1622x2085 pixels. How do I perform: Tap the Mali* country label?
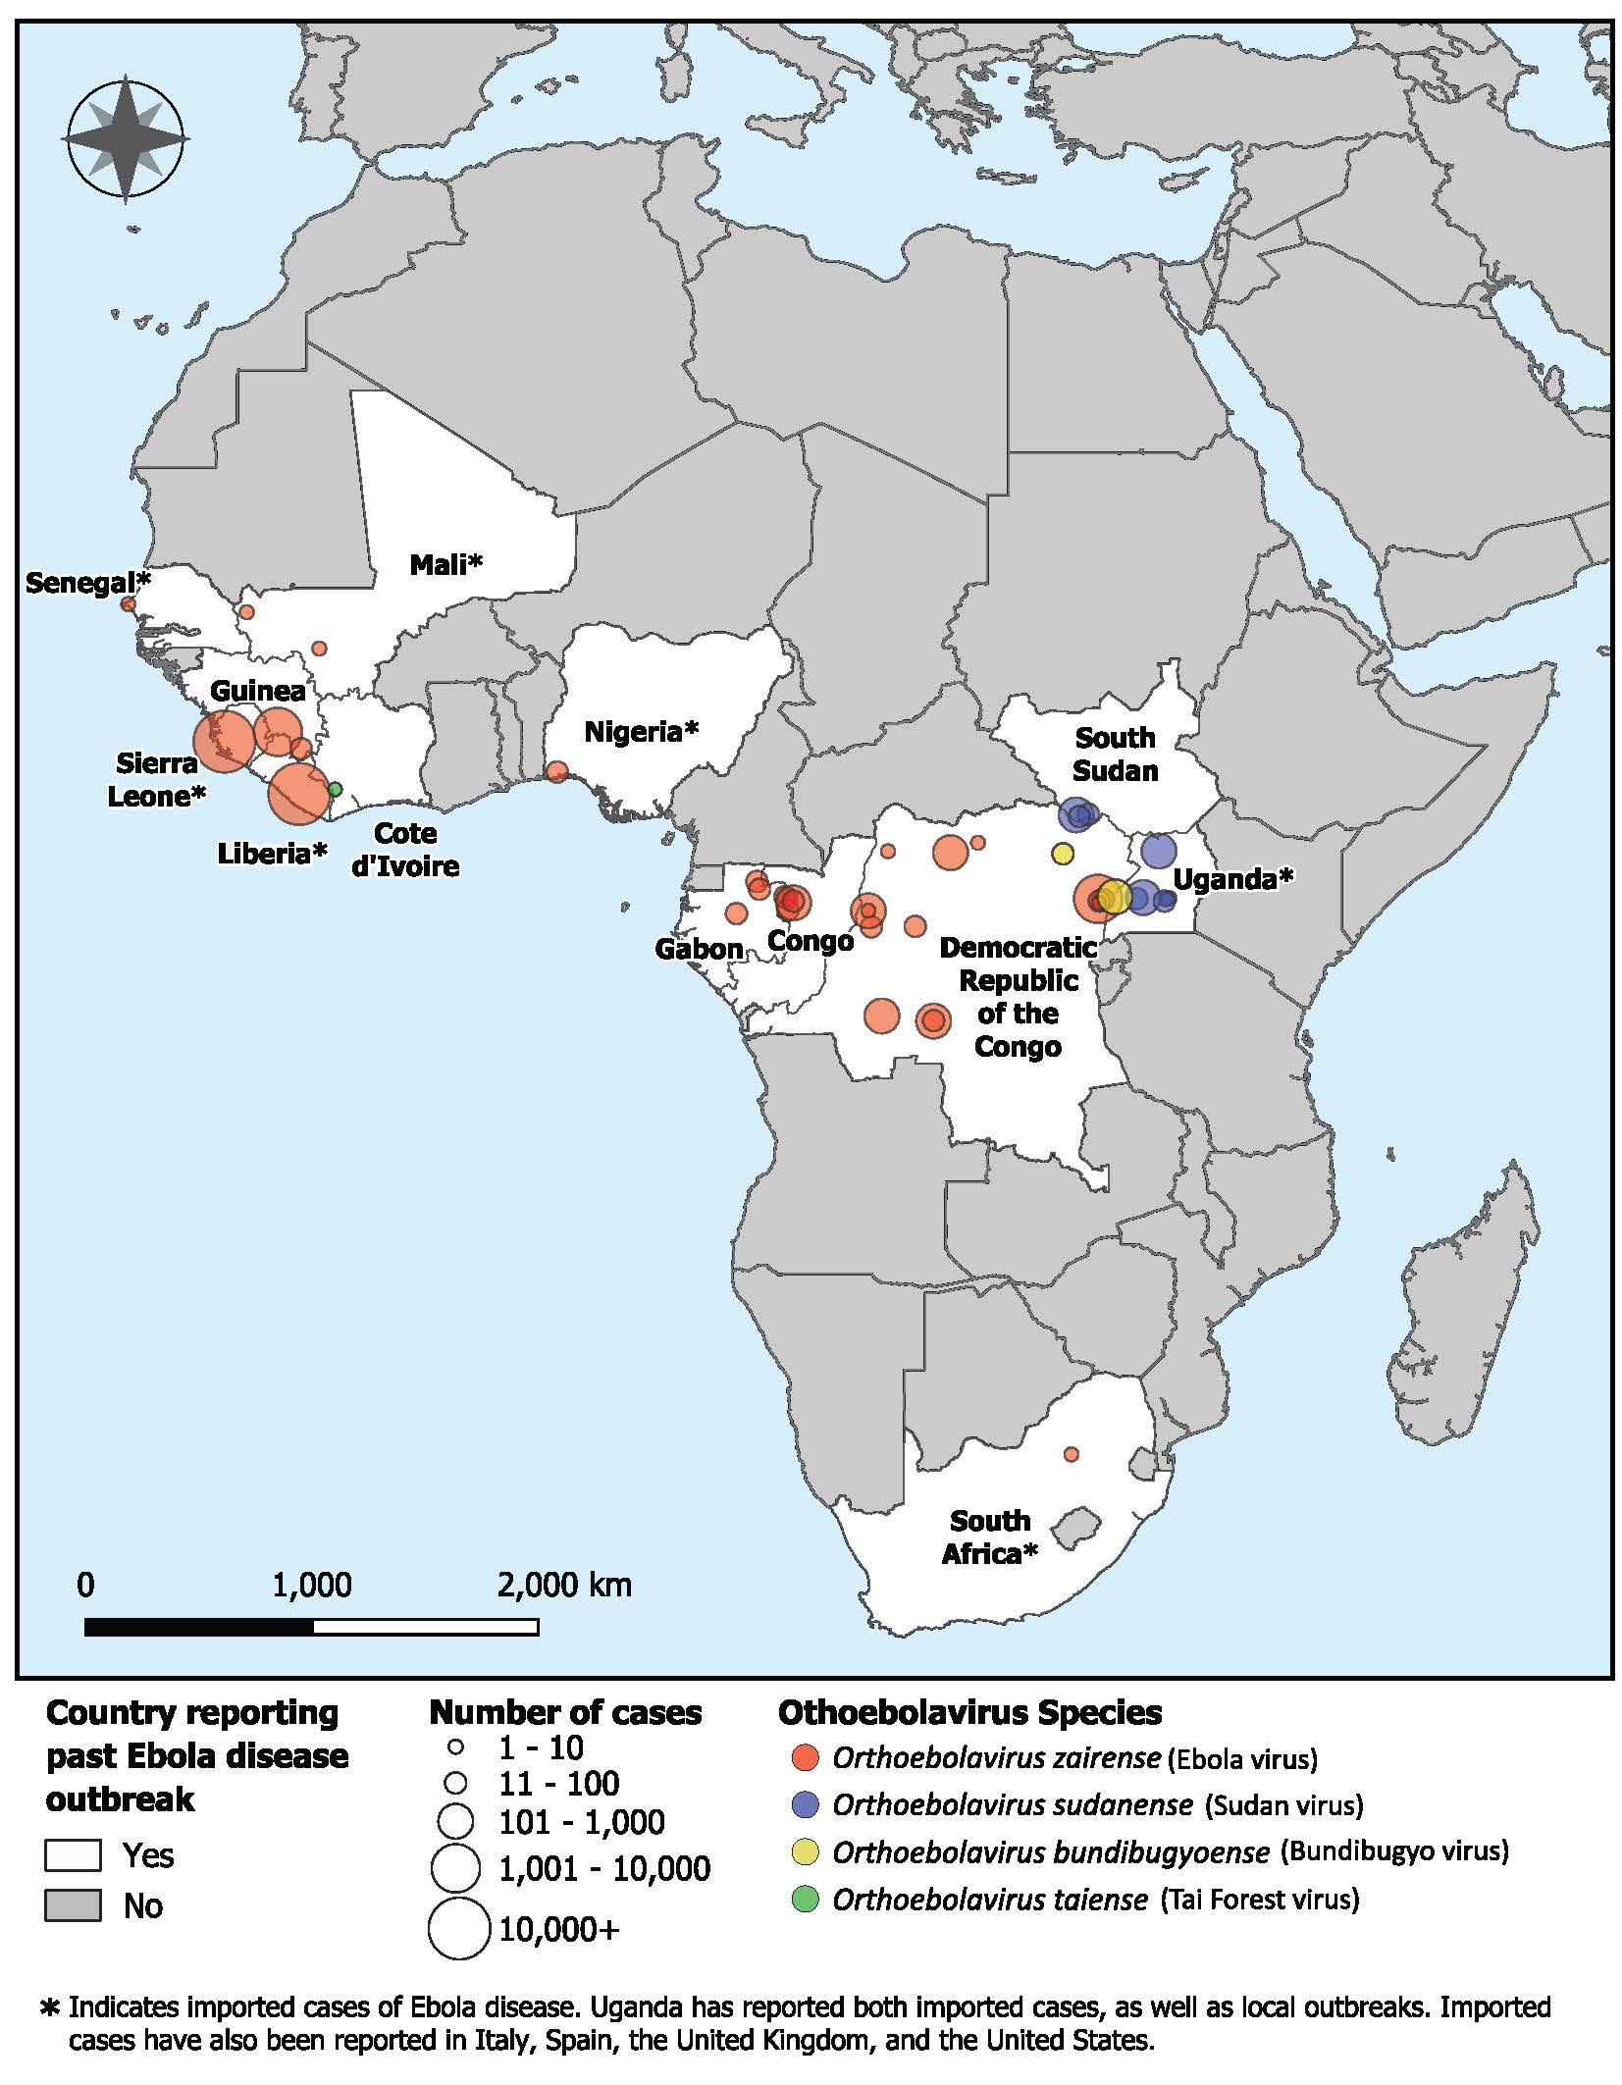[446, 564]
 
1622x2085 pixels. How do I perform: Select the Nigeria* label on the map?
[642, 732]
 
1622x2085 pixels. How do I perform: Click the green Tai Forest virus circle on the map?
[334, 789]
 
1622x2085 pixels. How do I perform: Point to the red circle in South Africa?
[1071, 1453]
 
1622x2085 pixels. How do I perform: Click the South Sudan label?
[1115, 754]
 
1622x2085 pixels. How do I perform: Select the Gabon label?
[699, 949]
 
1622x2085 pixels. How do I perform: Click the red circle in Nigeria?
[556, 771]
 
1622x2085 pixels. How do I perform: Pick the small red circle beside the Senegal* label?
[128, 603]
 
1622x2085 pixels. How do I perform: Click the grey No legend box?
[73, 1905]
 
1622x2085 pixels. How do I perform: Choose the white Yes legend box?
[73, 1854]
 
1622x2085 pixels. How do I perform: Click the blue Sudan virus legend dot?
[805, 1803]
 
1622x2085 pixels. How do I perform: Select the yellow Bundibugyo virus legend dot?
[805, 1851]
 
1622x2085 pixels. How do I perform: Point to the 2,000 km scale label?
[564, 1584]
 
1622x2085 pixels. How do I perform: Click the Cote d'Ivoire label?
[405, 850]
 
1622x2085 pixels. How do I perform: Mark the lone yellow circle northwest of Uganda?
[1062, 854]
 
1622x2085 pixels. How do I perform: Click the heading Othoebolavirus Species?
[969, 1712]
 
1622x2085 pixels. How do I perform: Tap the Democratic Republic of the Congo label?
[1018, 997]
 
